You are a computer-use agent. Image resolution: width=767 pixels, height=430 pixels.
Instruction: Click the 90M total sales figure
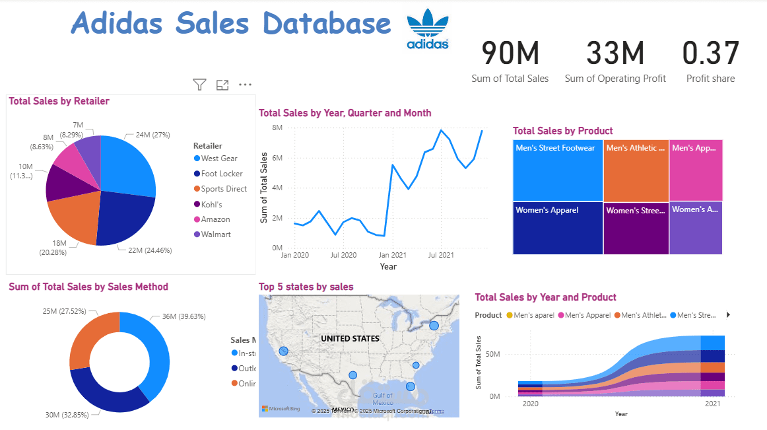pyautogui.click(x=510, y=54)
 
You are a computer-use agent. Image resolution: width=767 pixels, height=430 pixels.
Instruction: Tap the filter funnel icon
pyautogui.click(x=199, y=85)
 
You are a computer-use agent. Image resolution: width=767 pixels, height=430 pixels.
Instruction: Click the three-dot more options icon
pyautogui.click(x=245, y=85)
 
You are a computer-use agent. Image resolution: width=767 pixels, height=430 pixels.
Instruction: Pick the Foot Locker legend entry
pyautogui.click(x=222, y=174)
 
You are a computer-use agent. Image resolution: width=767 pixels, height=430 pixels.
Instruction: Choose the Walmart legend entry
pyautogui.click(x=216, y=234)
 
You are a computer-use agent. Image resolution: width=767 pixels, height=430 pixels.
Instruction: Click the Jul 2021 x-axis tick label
pyautogui.click(x=441, y=255)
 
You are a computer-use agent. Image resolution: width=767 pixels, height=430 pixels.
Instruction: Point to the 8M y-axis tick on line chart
pyautogui.click(x=277, y=127)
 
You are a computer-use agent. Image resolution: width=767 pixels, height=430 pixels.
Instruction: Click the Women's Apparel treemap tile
pyautogui.click(x=558, y=228)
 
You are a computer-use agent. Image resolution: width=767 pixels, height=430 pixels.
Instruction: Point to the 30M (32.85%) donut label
pyautogui.click(x=69, y=415)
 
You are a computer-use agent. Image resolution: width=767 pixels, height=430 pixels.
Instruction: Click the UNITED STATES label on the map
pyautogui.click(x=350, y=339)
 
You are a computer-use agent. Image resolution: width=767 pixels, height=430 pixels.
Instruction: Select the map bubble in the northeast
pyautogui.click(x=434, y=325)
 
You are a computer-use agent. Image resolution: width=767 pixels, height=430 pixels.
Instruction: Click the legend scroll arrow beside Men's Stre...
pyautogui.click(x=728, y=315)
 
